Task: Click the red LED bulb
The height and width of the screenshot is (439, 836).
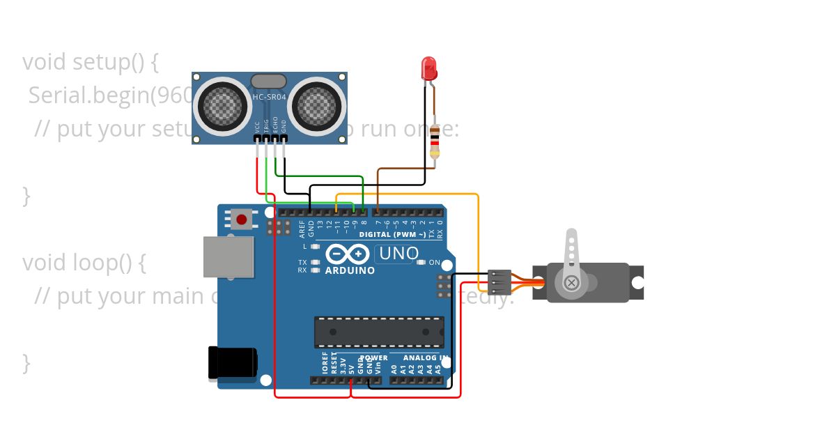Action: pos(429,68)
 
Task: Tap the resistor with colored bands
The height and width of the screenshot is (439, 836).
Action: pos(435,141)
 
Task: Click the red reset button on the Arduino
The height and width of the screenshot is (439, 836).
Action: pos(241,219)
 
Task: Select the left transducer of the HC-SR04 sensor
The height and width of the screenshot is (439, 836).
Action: pos(223,106)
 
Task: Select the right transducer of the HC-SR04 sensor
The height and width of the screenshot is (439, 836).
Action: pos(317,106)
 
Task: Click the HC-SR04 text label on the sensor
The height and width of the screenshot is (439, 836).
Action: pos(269,96)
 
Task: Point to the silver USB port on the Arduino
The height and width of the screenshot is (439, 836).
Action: pos(228,256)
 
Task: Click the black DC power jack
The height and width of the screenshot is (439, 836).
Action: pos(232,363)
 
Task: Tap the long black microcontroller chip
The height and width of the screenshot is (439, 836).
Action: pos(378,332)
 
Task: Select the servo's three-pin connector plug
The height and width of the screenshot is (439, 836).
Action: pos(499,281)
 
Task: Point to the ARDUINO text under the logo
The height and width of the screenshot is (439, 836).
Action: pos(350,270)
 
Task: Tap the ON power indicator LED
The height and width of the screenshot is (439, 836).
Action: pos(421,263)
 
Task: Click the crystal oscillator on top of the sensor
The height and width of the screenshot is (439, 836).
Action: pos(268,82)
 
